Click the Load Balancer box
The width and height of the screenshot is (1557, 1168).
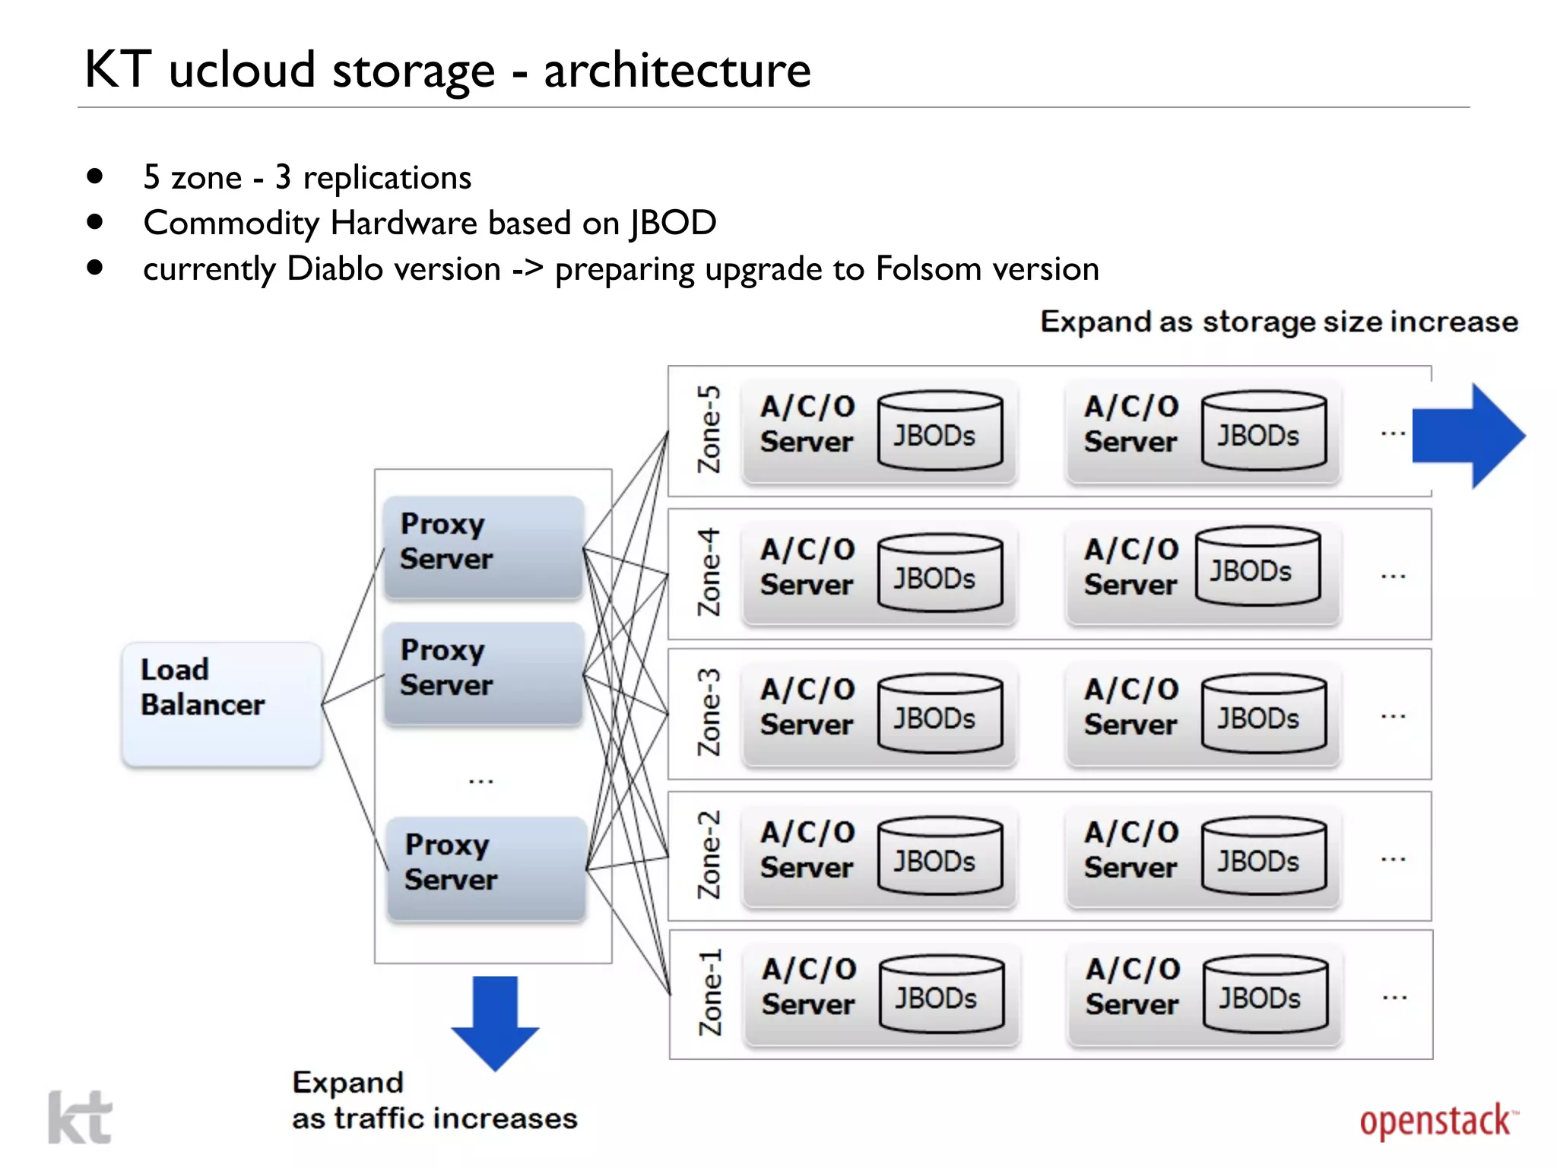(221, 703)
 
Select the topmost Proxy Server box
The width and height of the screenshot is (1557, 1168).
(484, 547)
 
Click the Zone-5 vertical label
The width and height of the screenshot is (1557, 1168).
(709, 430)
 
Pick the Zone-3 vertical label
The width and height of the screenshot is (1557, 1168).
(709, 713)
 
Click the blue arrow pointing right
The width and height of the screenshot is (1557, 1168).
(1467, 436)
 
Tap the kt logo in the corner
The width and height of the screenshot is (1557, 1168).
(80, 1118)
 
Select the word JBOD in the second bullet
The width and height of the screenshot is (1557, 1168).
(673, 223)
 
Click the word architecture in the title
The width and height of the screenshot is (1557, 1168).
(677, 70)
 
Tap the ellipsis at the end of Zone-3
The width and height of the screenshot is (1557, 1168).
(1393, 716)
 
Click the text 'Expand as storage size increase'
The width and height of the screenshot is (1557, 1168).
(1279, 322)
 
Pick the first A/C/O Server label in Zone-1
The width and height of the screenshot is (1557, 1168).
(809, 986)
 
